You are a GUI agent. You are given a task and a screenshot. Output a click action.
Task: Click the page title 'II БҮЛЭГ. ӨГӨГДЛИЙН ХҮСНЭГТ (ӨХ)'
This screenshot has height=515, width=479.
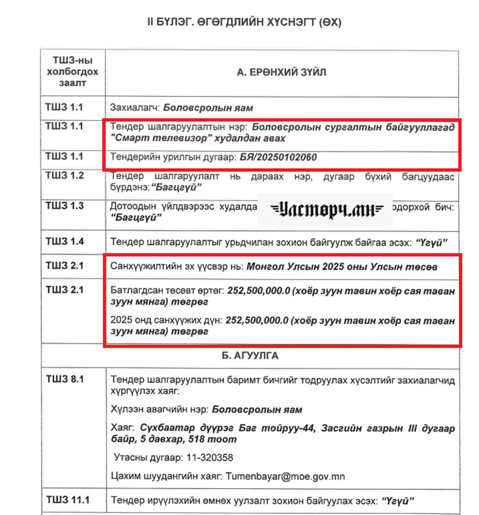tap(244, 22)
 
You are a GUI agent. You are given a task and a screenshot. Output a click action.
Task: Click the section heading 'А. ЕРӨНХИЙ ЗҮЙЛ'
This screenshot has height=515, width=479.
tap(281, 72)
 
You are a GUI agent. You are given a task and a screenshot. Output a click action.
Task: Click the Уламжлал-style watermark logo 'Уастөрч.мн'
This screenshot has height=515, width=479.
tap(325, 210)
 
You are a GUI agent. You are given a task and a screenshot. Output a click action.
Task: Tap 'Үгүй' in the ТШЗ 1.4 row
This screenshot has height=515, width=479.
tap(431, 243)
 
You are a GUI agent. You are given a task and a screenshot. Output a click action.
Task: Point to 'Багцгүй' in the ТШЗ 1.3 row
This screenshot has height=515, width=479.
tap(137, 217)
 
